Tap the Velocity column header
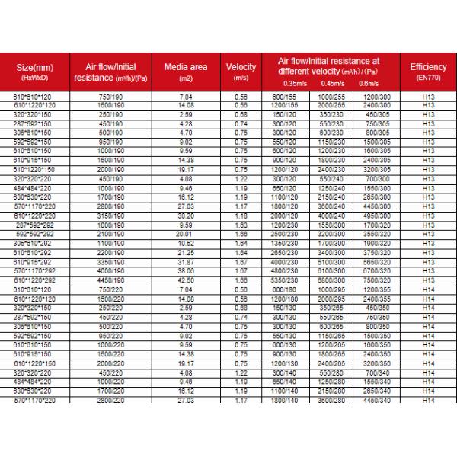tap(241, 72)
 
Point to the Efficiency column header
tap(427, 72)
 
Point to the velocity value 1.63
tap(241, 225)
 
